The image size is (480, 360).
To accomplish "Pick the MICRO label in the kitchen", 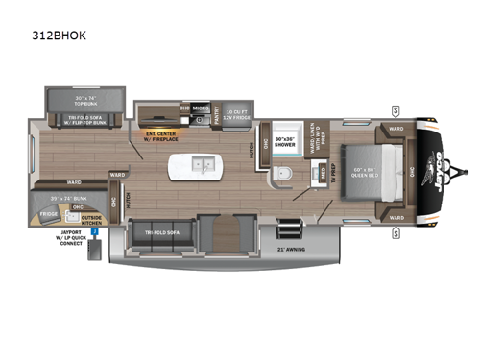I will [201, 108].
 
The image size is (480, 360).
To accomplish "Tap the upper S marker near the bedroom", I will [396, 110].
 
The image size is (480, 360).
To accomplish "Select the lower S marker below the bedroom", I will [396, 231].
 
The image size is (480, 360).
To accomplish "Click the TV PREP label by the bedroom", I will [324, 176].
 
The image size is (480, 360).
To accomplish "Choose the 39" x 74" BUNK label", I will [54, 196].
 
